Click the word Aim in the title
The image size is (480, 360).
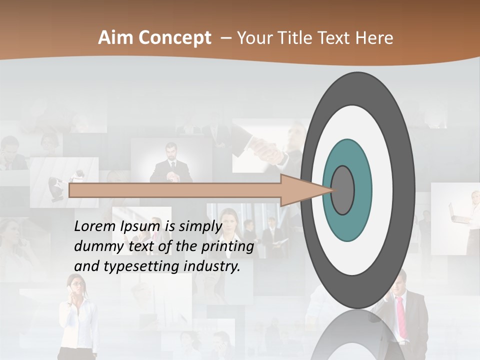point(116,38)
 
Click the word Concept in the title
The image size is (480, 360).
point(174,38)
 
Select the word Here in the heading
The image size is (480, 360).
point(374,38)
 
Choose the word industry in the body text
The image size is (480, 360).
point(212,266)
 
